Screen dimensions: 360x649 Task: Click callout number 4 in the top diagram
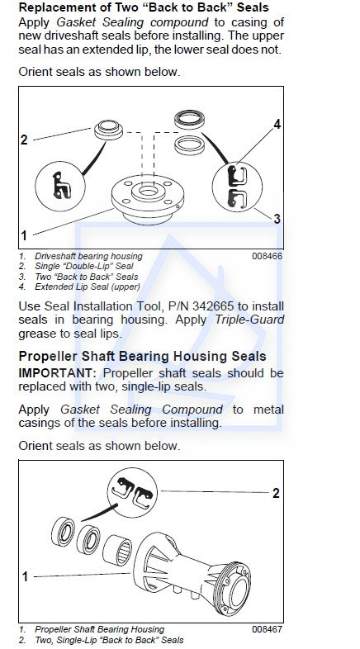277,124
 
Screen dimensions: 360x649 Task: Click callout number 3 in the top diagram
277,219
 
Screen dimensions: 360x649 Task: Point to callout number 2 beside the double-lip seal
24,140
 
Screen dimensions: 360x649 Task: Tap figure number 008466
268,256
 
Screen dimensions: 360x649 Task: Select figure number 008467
268,629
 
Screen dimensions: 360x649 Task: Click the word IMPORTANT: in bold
57,373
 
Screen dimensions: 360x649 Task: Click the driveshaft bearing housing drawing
148,199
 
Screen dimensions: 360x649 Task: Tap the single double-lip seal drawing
108,130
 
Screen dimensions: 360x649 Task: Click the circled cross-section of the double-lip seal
60,187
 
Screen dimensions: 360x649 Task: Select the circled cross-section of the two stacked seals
237,187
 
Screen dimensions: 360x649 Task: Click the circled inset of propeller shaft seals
132,493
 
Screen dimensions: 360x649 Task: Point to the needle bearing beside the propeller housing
117,551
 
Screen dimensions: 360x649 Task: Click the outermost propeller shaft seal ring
63,532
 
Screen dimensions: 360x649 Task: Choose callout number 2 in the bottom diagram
276,494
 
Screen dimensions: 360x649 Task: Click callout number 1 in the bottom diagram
25,576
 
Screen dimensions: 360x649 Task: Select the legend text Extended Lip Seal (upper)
88,287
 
